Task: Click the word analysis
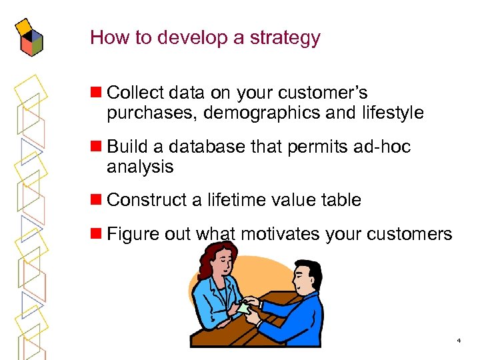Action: click(140, 167)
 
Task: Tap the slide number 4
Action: click(459, 341)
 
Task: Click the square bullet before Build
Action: click(97, 146)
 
